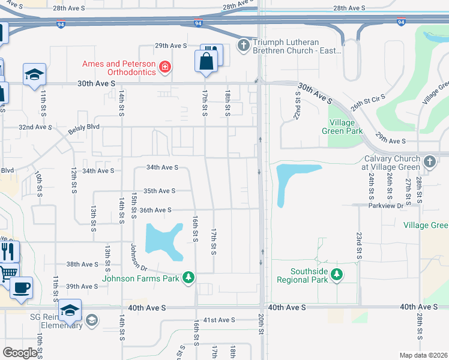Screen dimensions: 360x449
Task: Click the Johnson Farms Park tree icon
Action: pyautogui.click(x=189, y=277)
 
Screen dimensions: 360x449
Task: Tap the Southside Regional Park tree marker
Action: pyautogui.click(x=337, y=274)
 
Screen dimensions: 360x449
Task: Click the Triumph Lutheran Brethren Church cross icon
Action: pyautogui.click(x=244, y=44)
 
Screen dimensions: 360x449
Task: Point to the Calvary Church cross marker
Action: pyautogui.click(x=429, y=161)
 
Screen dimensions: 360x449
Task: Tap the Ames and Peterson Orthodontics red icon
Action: pyautogui.click(x=164, y=67)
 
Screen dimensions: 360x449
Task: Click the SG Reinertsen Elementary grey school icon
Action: pyautogui.click(x=91, y=320)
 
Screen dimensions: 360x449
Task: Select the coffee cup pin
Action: pyautogui.click(x=21, y=286)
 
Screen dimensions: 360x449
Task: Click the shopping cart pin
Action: pyautogui.click(x=6, y=273)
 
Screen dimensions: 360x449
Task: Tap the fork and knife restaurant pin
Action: pyautogui.click(x=7, y=250)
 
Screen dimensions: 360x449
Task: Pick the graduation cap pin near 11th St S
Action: pyautogui.click(x=34, y=74)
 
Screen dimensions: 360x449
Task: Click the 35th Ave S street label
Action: pyautogui.click(x=158, y=191)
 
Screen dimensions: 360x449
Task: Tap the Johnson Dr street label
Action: pyautogui.click(x=139, y=256)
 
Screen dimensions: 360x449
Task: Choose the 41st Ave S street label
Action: pyautogui.click(x=219, y=320)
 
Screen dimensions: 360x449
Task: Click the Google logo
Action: pyautogui.click(x=20, y=353)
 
